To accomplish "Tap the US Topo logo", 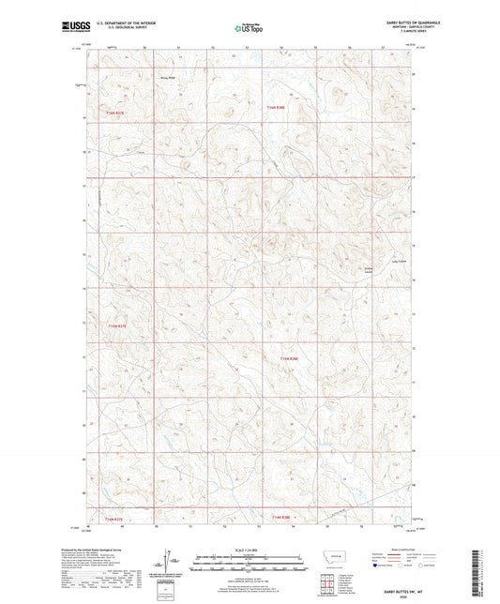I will [250, 29].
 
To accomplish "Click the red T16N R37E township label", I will [114, 113].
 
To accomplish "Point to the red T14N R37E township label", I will [114, 520].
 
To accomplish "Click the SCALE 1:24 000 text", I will [250, 551].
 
